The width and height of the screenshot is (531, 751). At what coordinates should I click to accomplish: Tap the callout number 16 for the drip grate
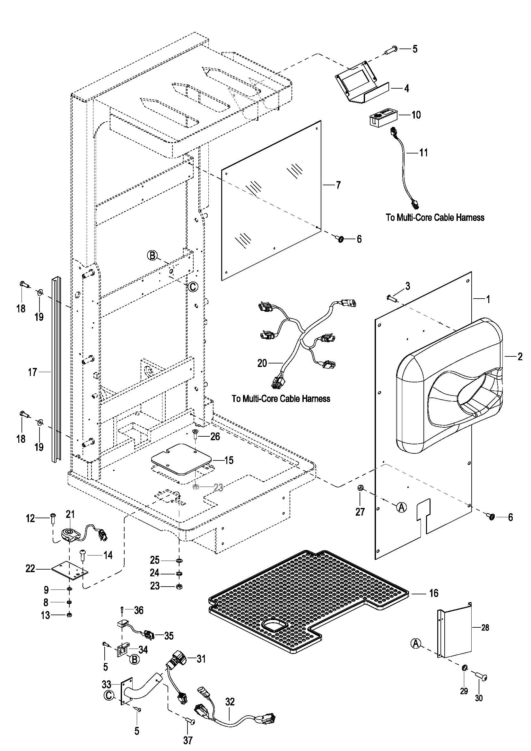(433, 593)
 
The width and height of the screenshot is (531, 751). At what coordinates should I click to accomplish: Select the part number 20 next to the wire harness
(262, 363)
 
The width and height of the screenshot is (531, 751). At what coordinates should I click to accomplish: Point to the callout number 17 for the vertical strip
(32, 372)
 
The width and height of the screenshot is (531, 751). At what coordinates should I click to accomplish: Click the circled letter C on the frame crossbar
(193, 286)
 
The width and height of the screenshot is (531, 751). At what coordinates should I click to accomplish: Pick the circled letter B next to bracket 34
(135, 659)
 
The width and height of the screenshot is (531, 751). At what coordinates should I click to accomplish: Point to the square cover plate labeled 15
(182, 459)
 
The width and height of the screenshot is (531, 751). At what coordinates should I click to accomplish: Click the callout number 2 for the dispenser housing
(520, 356)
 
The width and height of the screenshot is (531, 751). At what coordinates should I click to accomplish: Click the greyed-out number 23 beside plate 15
(218, 488)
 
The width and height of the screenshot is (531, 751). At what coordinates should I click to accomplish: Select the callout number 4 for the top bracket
(406, 88)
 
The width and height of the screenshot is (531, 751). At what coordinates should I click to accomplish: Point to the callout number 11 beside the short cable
(423, 153)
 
